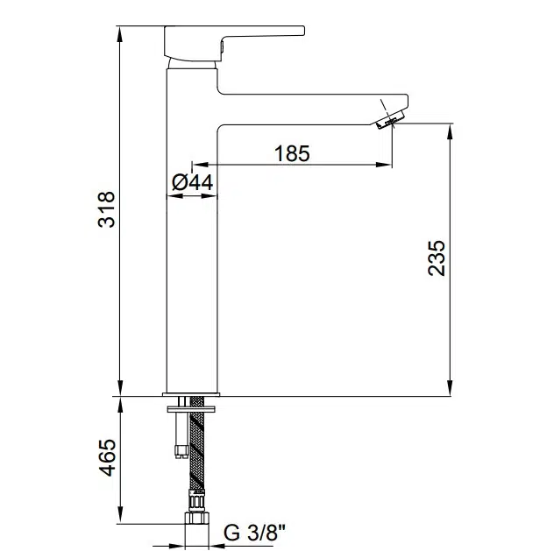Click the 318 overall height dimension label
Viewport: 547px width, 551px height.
106,210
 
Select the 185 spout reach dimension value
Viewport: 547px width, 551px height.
292,153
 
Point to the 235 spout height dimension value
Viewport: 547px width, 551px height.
437,258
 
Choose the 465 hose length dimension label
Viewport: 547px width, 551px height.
106,458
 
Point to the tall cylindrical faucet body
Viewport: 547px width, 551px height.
190,263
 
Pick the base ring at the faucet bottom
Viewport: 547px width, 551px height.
191,391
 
